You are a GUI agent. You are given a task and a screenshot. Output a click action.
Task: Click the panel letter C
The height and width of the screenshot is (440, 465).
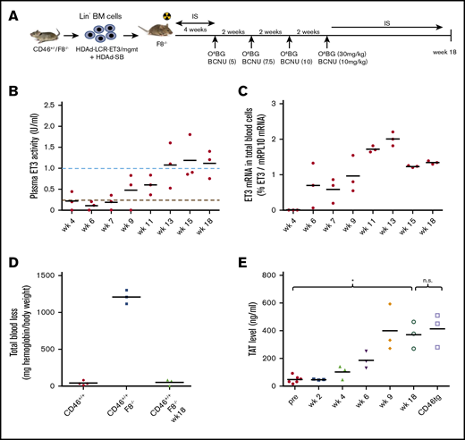tap(249, 89)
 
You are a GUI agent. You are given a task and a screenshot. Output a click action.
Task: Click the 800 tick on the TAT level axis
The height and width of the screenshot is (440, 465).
tap(281, 275)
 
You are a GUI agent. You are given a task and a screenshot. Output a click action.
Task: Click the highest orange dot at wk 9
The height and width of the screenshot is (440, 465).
tap(389, 304)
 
